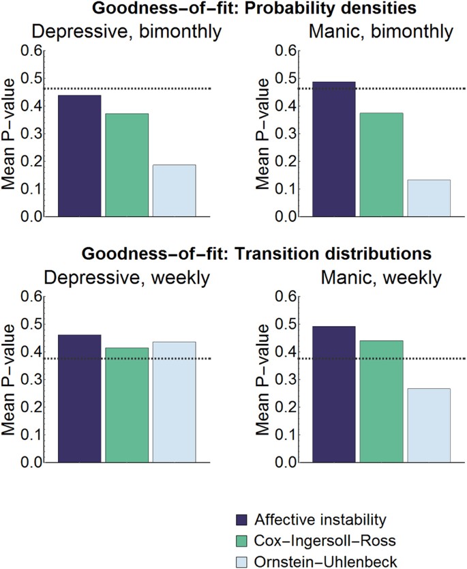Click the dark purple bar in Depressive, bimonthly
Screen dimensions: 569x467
79,156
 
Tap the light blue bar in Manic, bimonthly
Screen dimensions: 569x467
430,199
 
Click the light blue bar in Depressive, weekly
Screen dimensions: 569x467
174,402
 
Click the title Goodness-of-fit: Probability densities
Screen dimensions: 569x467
233,9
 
